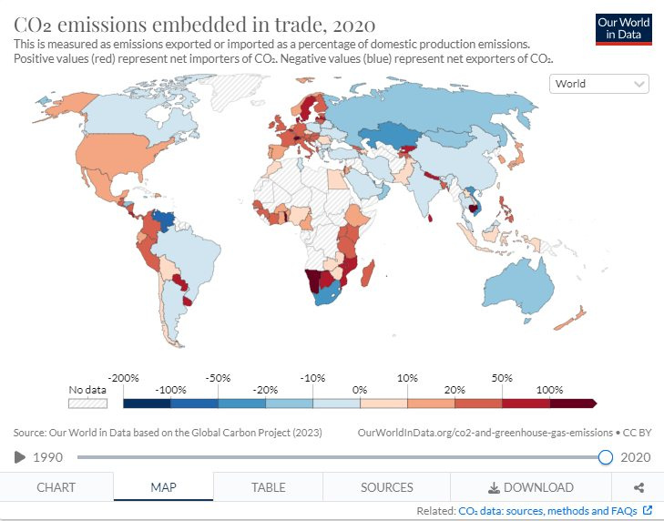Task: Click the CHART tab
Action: (56, 487)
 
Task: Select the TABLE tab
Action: (268, 487)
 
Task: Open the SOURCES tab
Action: (386, 487)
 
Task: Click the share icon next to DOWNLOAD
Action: (638, 487)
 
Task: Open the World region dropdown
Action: (599, 84)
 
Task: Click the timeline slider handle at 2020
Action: (606, 456)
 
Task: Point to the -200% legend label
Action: (122, 377)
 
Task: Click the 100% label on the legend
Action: (548, 389)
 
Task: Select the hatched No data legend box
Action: (88, 402)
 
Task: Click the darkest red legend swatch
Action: (572, 402)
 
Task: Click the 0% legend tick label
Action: (360, 389)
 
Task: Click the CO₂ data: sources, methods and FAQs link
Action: (549, 511)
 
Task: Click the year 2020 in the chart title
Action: (350, 23)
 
